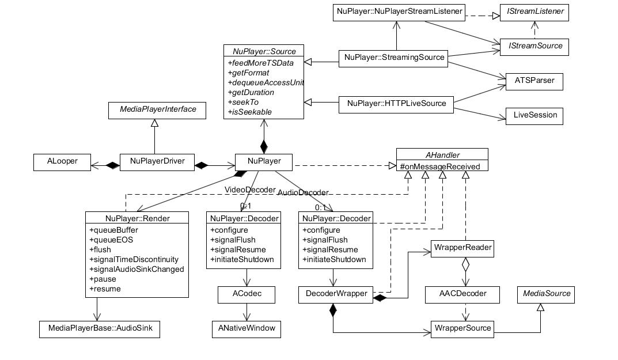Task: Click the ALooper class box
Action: coord(62,162)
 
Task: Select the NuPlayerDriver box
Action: coord(157,162)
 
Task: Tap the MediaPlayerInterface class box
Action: coord(157,111)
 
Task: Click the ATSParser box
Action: coord(534,82)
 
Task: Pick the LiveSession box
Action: coord(534,116)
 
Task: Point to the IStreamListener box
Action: coord(534,13)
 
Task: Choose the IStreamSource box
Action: coord(534,47)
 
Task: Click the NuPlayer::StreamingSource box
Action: coord(393,58)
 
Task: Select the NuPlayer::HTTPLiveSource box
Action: coord(396,105)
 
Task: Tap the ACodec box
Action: coord(247,294)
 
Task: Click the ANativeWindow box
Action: coord(247,329)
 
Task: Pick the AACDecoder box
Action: coord(462,294)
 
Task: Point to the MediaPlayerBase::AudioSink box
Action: coord(99,329)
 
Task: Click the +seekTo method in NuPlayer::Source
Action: coord(243,102)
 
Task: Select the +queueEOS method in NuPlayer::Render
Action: coord(111,240)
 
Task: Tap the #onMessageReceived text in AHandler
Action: coord(440,166)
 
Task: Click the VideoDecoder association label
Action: coord(250,190)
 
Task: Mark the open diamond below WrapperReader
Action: coord(465,264)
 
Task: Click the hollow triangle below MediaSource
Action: coord(540,307)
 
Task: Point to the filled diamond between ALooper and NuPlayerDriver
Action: coord(112,166)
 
